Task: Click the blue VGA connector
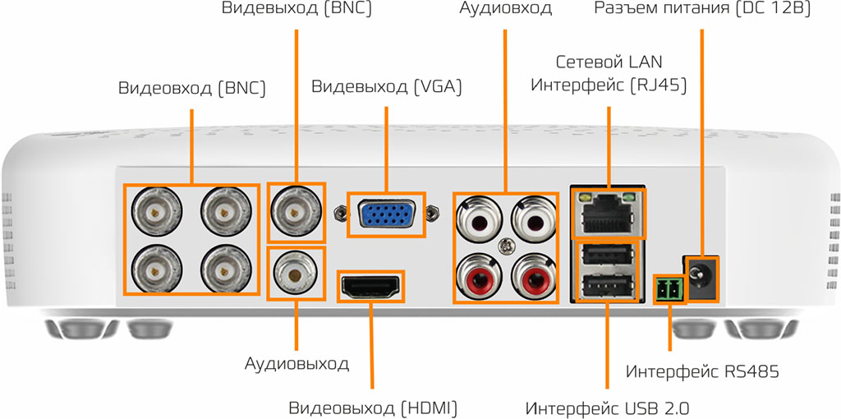(x=386, y=215)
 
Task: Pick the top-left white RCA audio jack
(x=480, y=219)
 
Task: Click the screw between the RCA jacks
(x=507, y=244)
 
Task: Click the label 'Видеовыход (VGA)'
(x=386, y=87)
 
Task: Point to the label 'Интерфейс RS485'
(x=702, y=372)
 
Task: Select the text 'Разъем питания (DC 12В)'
(x=702, y=9)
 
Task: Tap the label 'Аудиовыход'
(x=296, y=363)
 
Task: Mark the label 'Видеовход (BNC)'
(x=191, y=87)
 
